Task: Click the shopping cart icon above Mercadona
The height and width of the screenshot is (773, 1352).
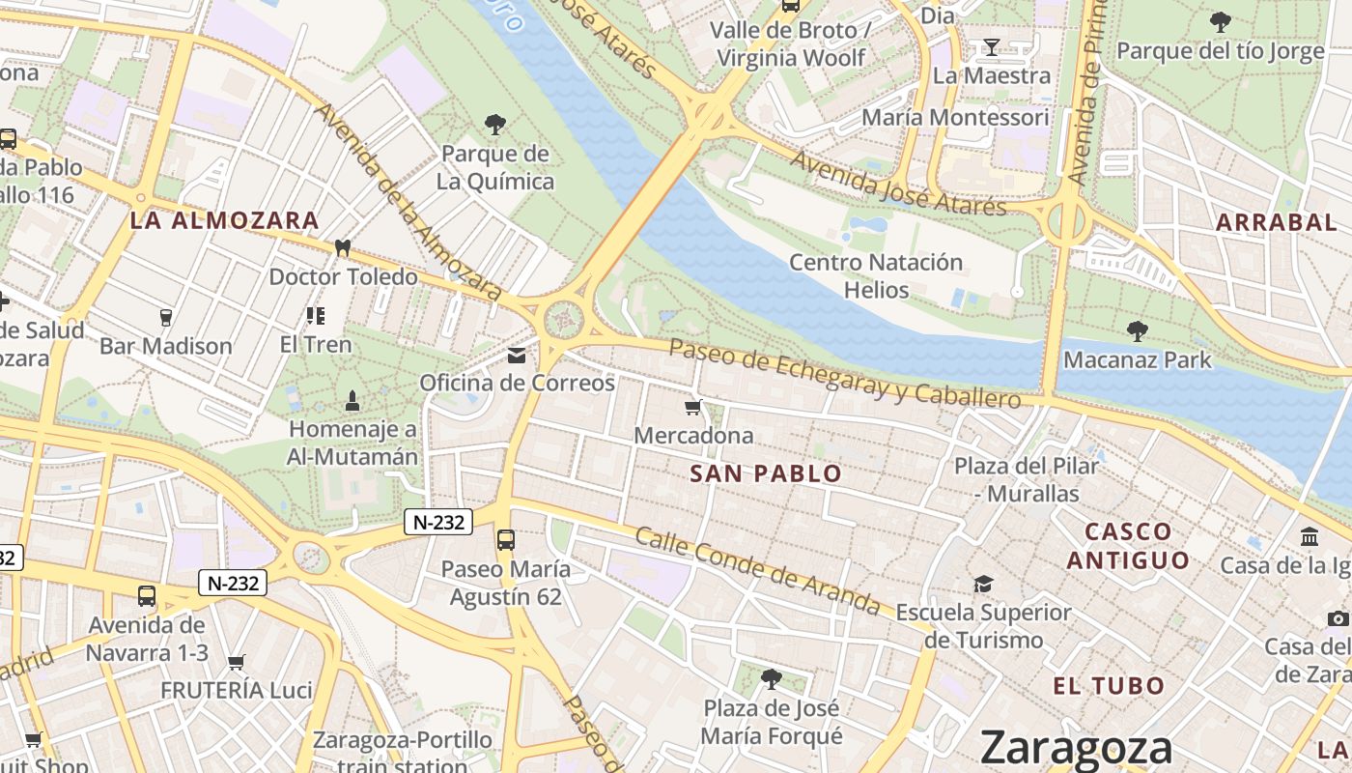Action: click(692, 407)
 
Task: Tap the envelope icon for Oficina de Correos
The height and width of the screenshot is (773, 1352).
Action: click(517, 356)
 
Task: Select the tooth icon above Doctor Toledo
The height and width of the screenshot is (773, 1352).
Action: click(342, 247)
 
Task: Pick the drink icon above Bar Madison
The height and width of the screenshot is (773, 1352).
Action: click(165, 317)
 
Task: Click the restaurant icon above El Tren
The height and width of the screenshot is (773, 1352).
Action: click(316, 315)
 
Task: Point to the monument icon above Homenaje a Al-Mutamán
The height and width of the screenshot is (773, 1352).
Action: click(352, 400)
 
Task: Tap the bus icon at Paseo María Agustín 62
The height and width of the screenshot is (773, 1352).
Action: click(505, 540)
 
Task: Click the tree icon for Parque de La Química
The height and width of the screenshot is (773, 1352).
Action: click(495, 125)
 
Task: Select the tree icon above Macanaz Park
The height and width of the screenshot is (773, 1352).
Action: click(1138, 331)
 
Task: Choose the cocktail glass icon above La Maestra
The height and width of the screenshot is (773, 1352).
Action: click(991, 46)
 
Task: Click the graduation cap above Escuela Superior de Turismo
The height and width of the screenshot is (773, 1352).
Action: click(983, 584)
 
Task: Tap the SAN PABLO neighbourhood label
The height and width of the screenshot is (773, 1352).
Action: click(766, 473)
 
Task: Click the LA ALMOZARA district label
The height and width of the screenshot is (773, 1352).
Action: click(224, 220)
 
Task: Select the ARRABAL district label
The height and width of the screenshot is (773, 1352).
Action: click(1276, 222)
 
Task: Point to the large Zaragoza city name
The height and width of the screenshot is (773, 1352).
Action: click(1076, 747)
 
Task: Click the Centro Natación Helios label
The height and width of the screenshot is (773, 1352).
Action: click(876, 276)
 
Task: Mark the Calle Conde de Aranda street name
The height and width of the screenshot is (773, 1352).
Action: click(757, 571)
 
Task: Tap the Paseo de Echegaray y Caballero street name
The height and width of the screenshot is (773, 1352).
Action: click(844, 374)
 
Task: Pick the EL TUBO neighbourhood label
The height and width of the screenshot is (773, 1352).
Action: click(1109, 686)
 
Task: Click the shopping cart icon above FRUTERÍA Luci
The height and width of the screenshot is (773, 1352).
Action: click(237, 662)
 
